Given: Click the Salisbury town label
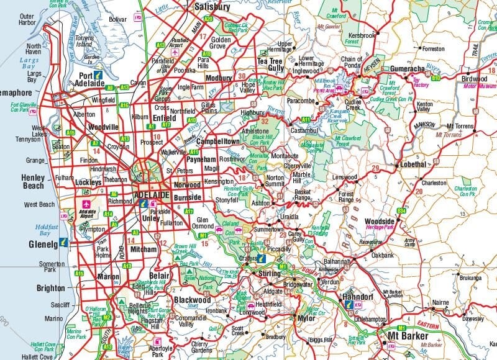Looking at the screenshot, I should coord(212,7).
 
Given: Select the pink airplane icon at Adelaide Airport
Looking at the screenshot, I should coord(85,203).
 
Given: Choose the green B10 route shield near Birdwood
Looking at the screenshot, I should coord(436,79).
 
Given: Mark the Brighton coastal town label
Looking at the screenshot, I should coord(50,288).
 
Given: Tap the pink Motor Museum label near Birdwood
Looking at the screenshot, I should coord(476,86).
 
